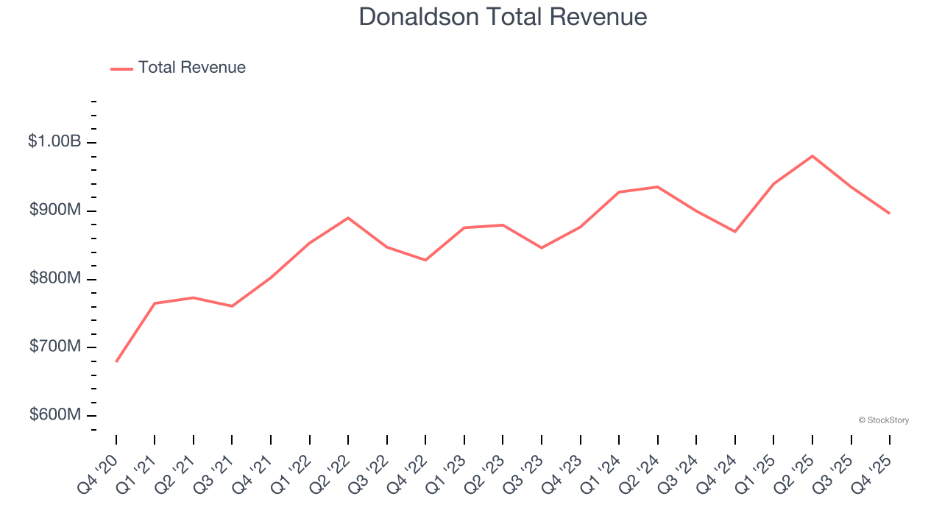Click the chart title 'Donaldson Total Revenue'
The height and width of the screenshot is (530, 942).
pyautogui.click(x=503, y=17)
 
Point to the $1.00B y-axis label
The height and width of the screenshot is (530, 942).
pyautogui.click(x=54, y=141)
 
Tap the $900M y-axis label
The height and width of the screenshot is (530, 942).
pyautogui.click(x=55, y=210)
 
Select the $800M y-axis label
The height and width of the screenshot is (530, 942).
pyautogui.click(x=55, y=278)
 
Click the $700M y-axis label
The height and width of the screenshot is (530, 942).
pyautogui.click(x=55, y=347)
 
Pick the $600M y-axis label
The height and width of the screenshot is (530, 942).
pyautogui.click(x=55, y=415)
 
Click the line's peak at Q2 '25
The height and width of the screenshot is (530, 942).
pyautogui.click(x=812, y=156)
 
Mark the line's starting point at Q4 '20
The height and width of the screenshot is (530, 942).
pyautogui.click(x=116, y=361)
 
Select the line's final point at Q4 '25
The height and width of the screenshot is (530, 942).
pyautogui.click(x=890, y=213)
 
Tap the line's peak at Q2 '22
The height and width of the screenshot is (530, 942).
pyautogui.click(x=348, y=218)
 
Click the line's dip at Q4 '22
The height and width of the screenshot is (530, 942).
pyautogui.click(x=425, y=260)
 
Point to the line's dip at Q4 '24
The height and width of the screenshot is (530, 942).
pyautogui.click(x=735, y=232)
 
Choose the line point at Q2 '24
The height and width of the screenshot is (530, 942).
pyautogui.click(x=657, y=187)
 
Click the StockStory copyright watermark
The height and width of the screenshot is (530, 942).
pyautogui.click(x=883, y=420)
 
